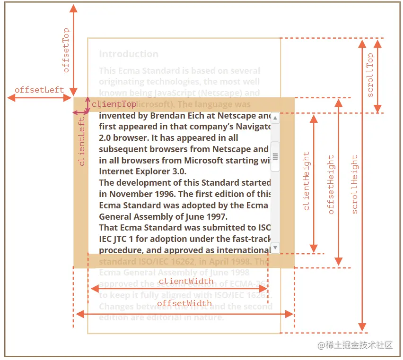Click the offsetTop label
(x=66, y=51)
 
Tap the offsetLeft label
(x=39, y=90)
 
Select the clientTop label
(x=114, y=104)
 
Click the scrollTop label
(x=370, y=75)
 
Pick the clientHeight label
(x=306, y=181)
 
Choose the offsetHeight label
(x=331, y=184)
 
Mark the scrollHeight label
(x=354, y=184)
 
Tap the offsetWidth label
(x=184, y=303)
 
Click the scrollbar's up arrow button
(x=275, y=118)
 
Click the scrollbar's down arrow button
(x=275, y=248)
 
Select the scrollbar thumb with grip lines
(x=275, y=156)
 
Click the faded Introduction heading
(x=129, y=54)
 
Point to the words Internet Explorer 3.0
(x=143, y=171)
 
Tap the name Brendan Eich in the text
(x=163, y=115)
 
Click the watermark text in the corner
(x=355, y=345)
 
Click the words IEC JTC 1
(x=122, y=239)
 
